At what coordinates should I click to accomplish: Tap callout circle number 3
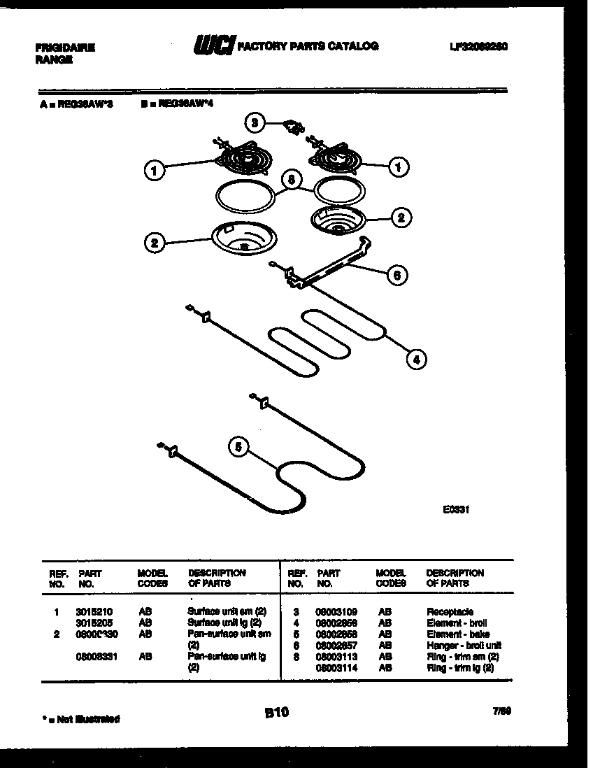point(255,124)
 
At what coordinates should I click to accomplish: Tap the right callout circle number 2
point(400,218)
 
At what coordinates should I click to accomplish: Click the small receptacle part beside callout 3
point(295,128)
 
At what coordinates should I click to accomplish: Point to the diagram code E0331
point(455,510)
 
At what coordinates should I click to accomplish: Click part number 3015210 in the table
point(94,611)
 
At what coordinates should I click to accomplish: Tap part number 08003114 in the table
point(334,668)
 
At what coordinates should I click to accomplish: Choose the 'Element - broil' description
point(457,623)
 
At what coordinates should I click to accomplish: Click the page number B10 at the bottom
point(276,713)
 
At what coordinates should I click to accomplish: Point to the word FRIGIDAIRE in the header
point(64,48)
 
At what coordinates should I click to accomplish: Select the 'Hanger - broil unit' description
point(464,646)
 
